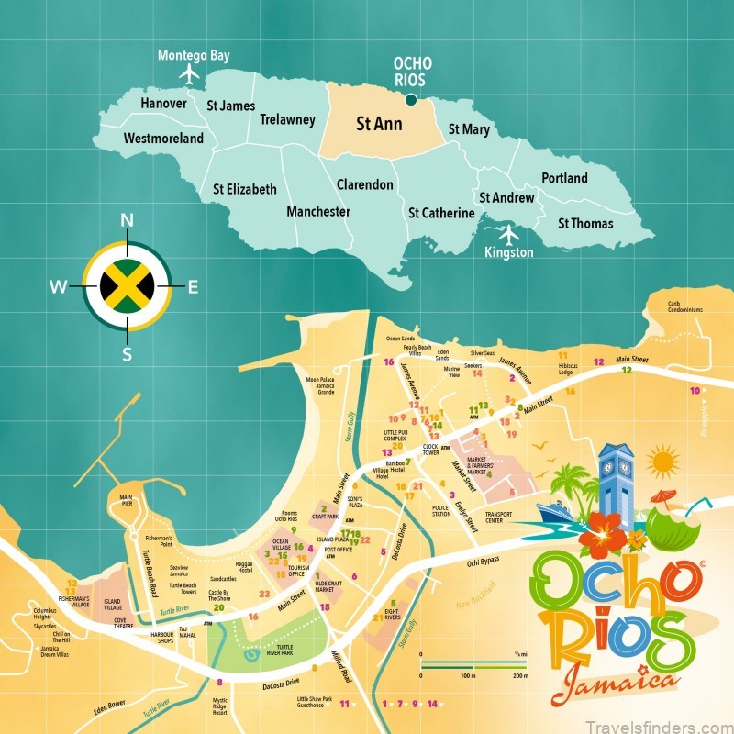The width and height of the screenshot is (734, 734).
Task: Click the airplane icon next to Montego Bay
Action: [191, 72]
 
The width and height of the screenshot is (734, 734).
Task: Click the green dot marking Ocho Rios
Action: [411, 100]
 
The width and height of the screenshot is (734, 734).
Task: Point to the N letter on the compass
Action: [128, 219]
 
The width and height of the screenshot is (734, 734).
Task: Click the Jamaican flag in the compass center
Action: [128, 287]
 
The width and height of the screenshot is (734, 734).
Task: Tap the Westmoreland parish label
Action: [163, 139]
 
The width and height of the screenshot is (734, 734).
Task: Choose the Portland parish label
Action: [564, 177]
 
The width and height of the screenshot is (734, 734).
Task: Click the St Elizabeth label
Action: [244, 189]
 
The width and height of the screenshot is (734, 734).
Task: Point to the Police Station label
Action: [440, 510]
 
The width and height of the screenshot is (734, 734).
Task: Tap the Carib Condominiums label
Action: [684, 306]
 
